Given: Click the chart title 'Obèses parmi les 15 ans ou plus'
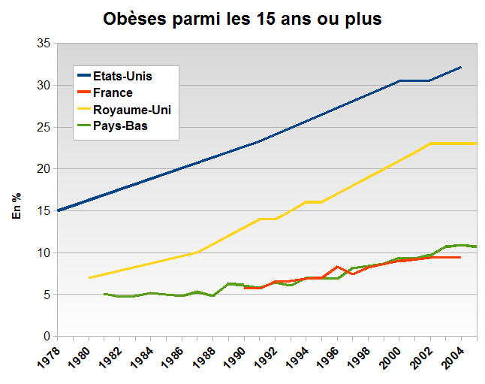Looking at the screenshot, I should (242, 19).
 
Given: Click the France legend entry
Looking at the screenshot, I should (113, 92).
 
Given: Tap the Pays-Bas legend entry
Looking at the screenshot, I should (120, 126).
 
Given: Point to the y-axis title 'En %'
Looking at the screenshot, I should (16, 205).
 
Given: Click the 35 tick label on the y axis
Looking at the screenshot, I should (43, 44).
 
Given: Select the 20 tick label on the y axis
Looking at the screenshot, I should (43, 169).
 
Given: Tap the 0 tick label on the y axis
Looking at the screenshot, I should (46, 336).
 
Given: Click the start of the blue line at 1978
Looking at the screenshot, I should (58, 210).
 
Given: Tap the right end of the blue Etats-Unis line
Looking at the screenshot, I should (461, 67).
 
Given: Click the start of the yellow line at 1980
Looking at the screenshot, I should (89, 277).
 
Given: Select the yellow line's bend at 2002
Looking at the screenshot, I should (429, 144).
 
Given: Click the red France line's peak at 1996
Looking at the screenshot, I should (337, 267).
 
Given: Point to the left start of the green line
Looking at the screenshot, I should (104, 294).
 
